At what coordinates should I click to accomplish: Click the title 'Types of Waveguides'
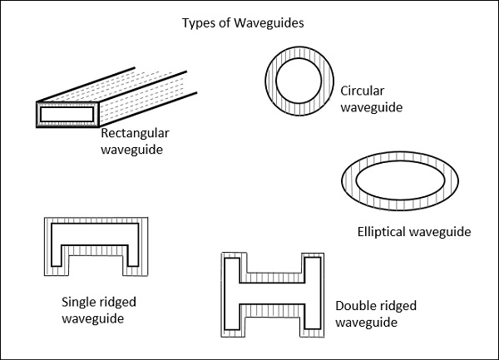[x=243, y=22]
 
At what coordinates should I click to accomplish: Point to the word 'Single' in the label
[x=80, y=302]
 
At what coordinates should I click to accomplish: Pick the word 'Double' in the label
[x=356, y=306]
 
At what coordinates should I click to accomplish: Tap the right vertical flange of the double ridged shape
[x=313, y=293]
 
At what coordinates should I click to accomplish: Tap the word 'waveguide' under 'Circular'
[x=371, y=107]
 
